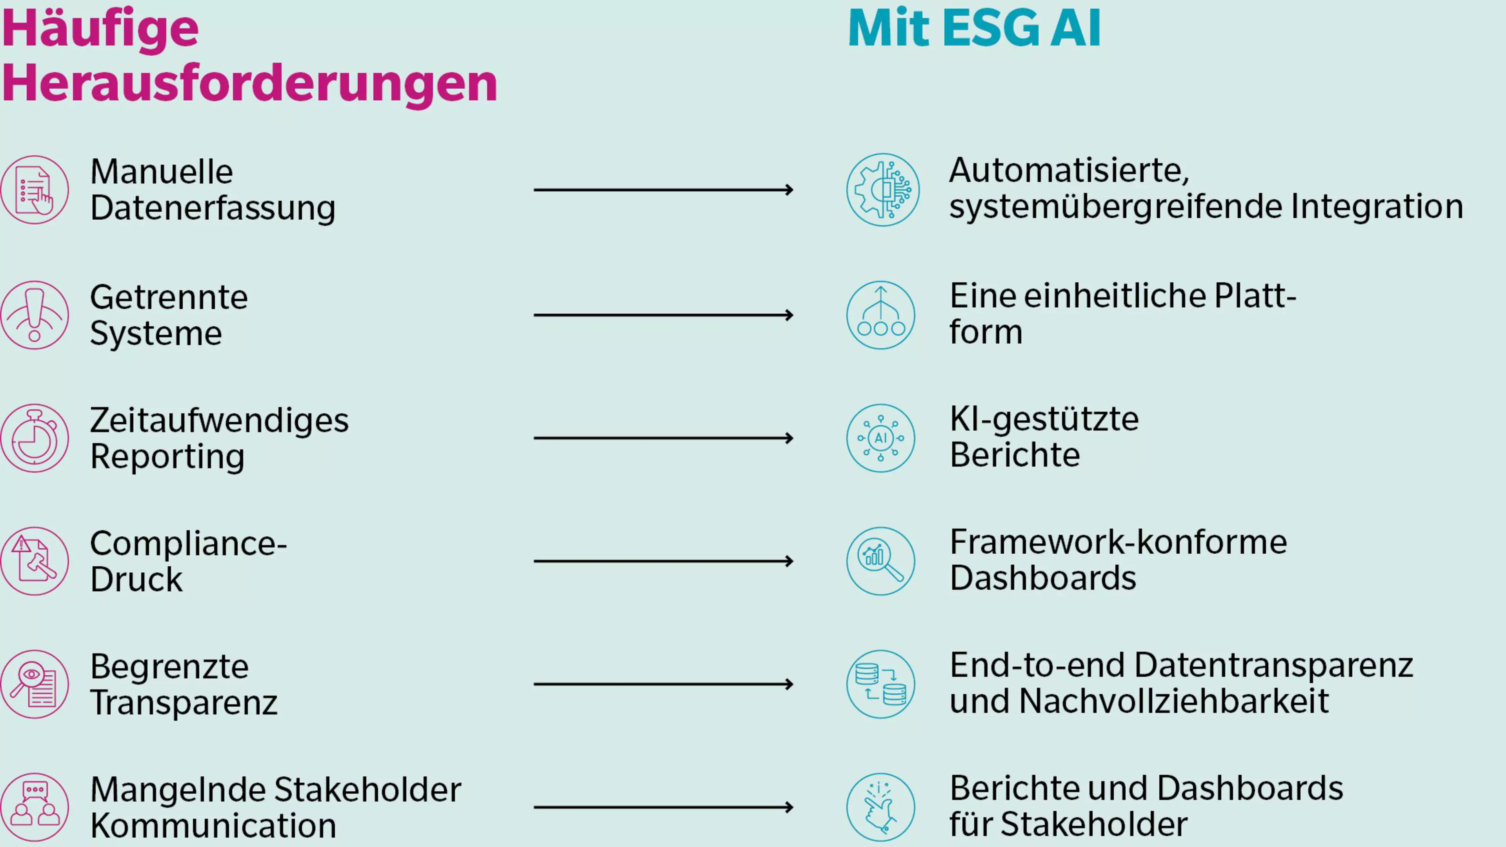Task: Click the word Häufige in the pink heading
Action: pos(100,29)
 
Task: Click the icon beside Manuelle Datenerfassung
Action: pos(35,190)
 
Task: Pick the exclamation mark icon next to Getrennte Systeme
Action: pos(35,315)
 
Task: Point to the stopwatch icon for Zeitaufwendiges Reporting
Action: pos(35,438)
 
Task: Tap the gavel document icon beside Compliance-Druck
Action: pos(35,561)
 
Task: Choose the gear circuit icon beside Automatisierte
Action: pos(882,190)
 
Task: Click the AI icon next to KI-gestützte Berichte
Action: pos(880,438)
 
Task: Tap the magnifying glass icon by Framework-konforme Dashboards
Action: pos(880,561)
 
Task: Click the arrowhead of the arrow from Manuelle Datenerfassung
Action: pos(789,190)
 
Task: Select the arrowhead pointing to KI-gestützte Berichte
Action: pos(789,438)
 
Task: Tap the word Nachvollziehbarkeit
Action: pos(1174,702)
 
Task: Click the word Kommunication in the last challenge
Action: pos(213,825)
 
